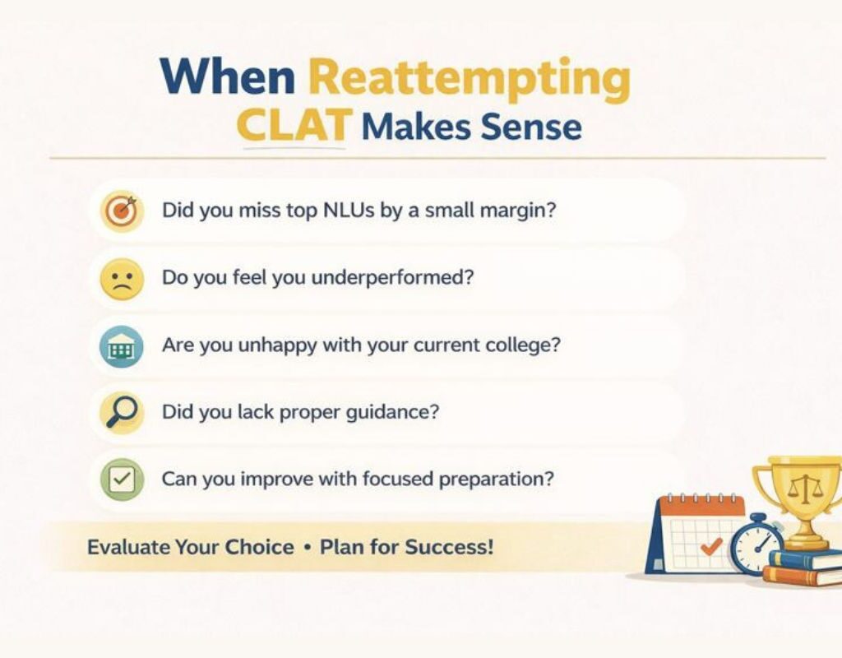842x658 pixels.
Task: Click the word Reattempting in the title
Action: (469, 79)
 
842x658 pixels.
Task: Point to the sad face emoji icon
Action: (122, 278)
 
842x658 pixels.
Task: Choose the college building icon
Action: (122, 345)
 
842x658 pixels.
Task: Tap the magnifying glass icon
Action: (122, 412)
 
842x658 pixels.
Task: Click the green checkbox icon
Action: (122, 479)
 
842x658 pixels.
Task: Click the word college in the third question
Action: (520, 344)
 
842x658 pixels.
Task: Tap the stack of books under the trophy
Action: (803, 567)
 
